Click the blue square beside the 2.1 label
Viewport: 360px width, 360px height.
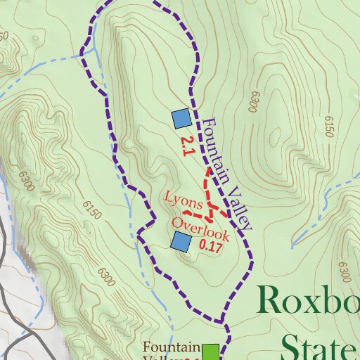(181, 118)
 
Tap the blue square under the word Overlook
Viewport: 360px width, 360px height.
(181, 243)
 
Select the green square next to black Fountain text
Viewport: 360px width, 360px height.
(210, 351)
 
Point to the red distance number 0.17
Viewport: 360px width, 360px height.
(211, 246)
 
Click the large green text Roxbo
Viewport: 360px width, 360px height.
(309, 300)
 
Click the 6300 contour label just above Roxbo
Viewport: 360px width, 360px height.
(343, 270)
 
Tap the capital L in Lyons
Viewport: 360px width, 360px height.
(169, 197)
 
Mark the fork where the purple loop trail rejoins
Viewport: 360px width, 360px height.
(224, 323)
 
